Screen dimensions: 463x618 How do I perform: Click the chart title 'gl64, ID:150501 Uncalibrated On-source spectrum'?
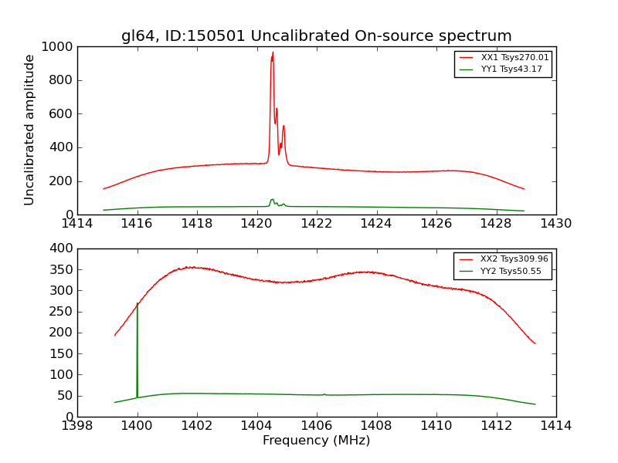(x=316, y=35)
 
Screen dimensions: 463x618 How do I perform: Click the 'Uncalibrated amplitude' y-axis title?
(x=29, y=130)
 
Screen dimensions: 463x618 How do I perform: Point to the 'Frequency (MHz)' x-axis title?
(x=316, y=441)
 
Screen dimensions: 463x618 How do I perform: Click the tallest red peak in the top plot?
(x=273, y=52)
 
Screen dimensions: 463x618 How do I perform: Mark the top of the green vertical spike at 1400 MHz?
(x=138, y=303)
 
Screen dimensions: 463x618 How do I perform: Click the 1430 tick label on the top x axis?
(x=555, y=224)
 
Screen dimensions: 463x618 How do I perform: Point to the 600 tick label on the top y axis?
(x=63, y=114)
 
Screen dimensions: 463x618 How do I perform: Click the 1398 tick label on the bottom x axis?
(x=78, y=426)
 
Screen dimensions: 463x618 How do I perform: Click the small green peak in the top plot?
(x=272, y=200)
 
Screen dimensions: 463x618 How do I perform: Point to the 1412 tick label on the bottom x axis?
(x=496, y=426)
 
